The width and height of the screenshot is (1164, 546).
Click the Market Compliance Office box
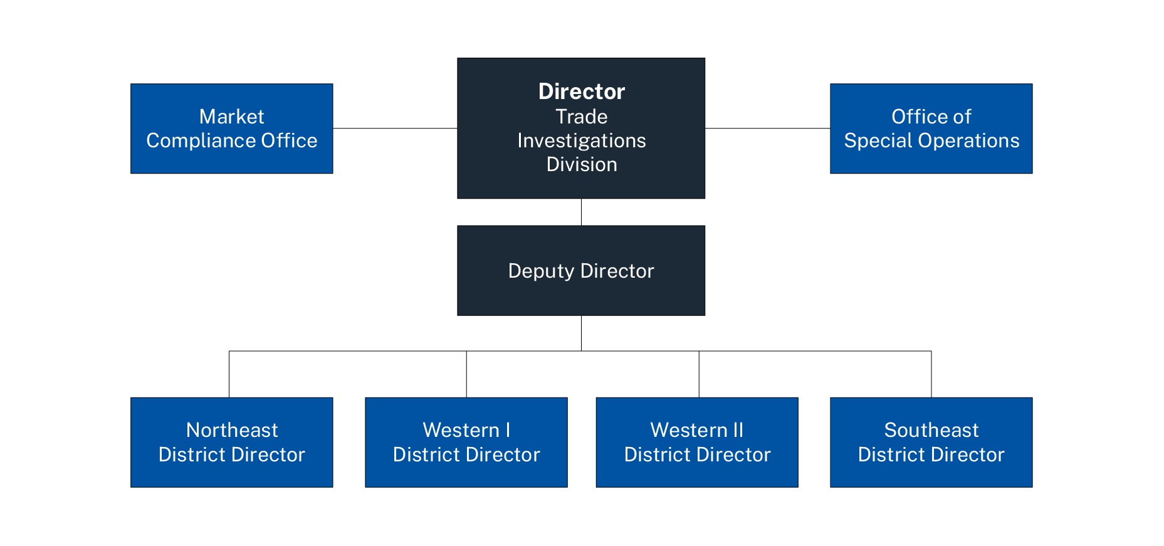pos(231,129)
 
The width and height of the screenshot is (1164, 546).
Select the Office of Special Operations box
pos(931,129)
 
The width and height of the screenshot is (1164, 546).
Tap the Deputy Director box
pos(581,270)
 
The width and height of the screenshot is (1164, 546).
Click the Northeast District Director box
pos(231,442)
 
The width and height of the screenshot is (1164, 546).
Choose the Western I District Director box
pos(466,442)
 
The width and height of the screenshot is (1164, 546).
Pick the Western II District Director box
pos(697,442)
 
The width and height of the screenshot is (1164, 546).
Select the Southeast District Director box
pos(931,442)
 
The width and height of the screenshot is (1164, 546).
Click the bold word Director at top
pos(582,92)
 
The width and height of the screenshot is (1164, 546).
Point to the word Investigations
pos(582,141)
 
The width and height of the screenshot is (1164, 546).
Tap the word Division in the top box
pos(582,164)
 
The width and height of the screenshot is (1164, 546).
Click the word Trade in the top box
pos(582,117)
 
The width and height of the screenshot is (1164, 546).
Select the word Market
pos(231,117)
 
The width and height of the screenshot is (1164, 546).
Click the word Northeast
pos(232,430)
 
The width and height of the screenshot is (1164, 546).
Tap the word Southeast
pos(931,430)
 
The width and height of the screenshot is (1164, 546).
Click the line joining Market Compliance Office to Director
pos(395,129)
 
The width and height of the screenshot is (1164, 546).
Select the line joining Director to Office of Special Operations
pos(767,129)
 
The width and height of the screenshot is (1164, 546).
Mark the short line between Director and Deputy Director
pos(581,212)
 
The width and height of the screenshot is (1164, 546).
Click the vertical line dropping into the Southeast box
pos(931,374)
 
